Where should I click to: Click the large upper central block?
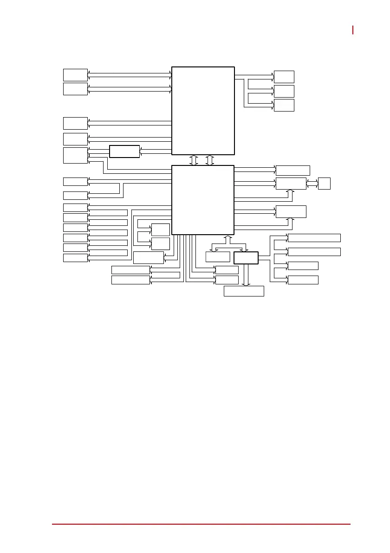203,110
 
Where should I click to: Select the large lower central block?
203,200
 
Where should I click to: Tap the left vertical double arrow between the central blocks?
194,160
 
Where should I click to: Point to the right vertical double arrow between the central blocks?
210,160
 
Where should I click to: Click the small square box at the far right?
324,183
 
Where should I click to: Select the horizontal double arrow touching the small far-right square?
312,183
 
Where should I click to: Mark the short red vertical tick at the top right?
353,30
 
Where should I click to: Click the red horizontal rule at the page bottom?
201,524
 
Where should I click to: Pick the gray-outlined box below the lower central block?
218,257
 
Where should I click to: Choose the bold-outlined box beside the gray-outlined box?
246,258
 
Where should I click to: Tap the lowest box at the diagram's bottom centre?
244,291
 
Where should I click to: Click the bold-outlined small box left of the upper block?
124,151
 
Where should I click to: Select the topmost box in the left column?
75,75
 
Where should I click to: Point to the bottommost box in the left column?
75,258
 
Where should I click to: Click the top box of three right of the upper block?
284,77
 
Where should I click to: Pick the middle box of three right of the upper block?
284,91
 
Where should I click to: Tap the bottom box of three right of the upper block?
284,105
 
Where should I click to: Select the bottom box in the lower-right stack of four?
303,280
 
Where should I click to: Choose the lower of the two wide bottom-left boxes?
130,280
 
